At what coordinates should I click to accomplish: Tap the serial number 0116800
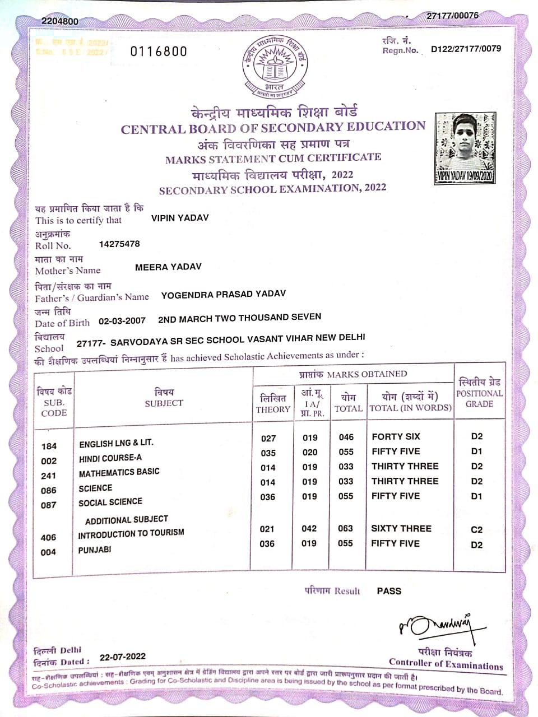point(159,52)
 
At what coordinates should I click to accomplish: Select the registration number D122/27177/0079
point(466,49)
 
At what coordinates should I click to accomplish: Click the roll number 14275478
point(119,244)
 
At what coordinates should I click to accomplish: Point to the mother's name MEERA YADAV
point(168,267)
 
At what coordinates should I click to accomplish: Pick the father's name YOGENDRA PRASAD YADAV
point(223,294)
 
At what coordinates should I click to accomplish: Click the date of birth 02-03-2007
point(122,321)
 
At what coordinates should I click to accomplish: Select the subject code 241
point(49,476)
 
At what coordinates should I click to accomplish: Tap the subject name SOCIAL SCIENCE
point(110,502)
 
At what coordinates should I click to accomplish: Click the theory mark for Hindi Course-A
point(268,453)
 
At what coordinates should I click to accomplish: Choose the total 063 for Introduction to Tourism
point(346,528)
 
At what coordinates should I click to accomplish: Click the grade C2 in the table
point(477,529)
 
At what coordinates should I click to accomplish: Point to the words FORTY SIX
point(396,436)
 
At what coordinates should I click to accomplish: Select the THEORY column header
point(273,409)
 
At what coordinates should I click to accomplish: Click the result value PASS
point(389,591)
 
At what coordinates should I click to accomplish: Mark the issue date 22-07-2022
point(123,657)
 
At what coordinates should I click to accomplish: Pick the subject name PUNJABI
point(95,550)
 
